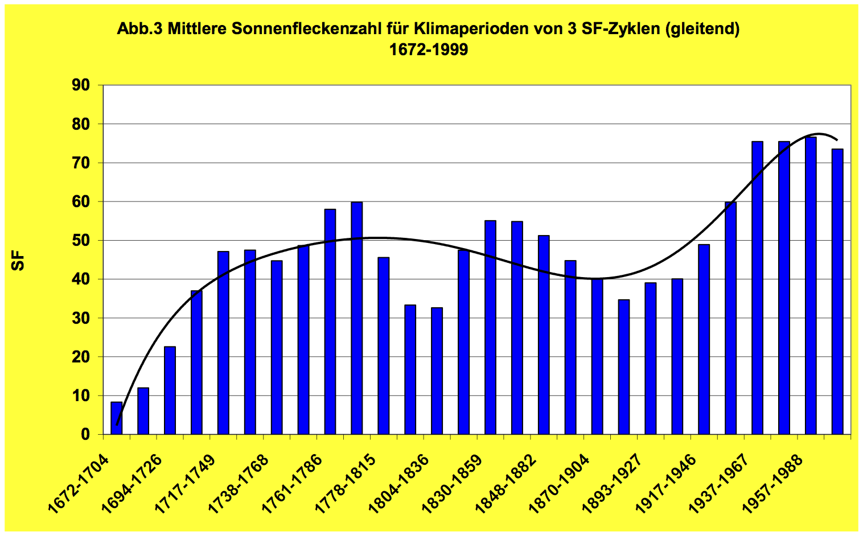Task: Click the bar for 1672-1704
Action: (116, 418)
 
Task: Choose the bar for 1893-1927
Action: (651, 358)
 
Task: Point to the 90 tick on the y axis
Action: (100, 85)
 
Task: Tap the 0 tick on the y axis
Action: (100, 435)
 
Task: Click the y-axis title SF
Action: (19, 261)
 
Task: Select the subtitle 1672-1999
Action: (428, 50)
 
